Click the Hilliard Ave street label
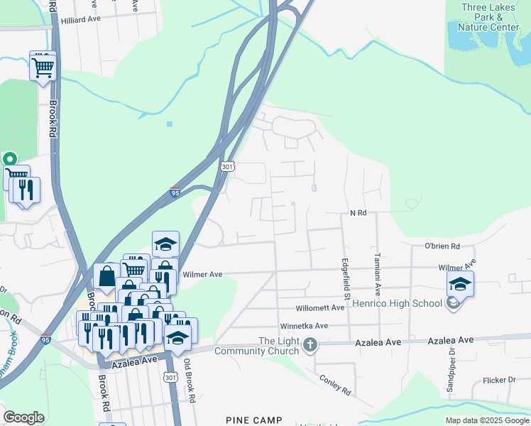(81, 20)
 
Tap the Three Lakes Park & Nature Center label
(490, 17)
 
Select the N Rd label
(358, 213)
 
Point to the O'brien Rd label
(442, 246)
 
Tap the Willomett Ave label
(320, 307)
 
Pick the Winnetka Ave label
(303, 326)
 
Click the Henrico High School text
(407, 304)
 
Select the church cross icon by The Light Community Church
(310, 346)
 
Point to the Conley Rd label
(335, 386)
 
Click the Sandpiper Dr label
(451, 374)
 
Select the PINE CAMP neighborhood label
(253, 420)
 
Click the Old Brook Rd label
(188, 382)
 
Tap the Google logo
(23, 417)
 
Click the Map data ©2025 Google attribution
(488, 420)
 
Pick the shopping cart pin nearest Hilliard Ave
(43, 67)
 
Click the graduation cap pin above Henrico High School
(460, 284)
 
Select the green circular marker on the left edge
(9, 160)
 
